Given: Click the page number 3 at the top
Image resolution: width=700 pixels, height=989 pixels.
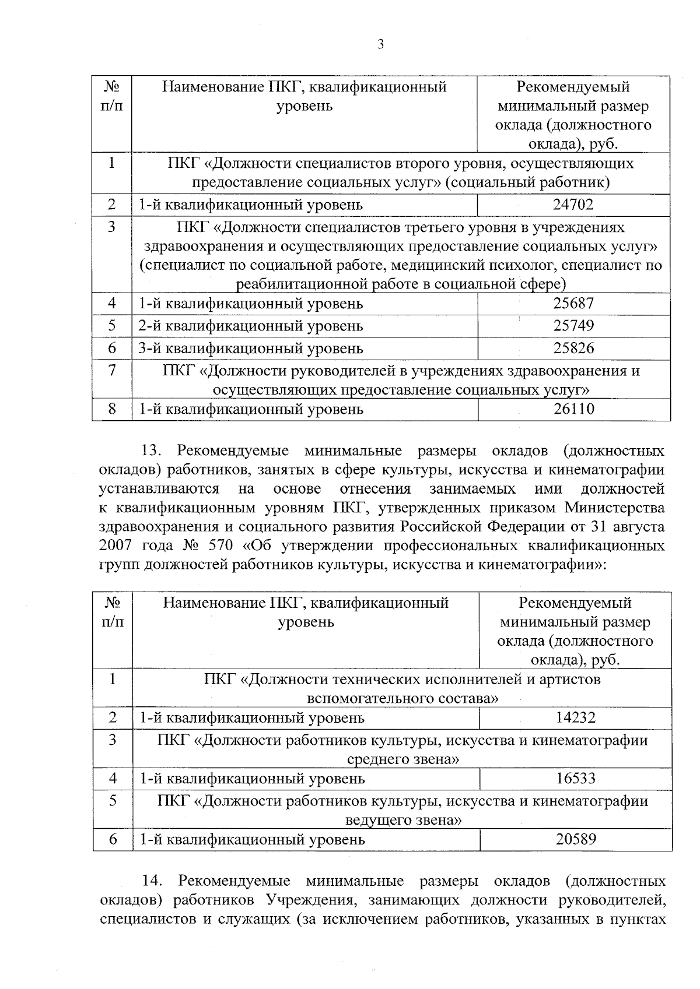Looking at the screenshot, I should coord(380,45).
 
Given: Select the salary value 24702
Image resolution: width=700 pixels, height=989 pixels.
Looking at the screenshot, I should coord(573,205).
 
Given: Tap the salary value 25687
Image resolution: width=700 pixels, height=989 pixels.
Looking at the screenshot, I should coord(573,304).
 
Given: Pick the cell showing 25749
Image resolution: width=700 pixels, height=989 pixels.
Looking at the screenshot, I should coord(573,326).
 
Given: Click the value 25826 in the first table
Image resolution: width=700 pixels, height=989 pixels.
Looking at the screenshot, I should coord(573,349).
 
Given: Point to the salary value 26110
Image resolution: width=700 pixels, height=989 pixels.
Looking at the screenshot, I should coord(574,409).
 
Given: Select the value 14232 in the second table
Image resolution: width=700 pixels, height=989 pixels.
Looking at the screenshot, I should coord(575,717).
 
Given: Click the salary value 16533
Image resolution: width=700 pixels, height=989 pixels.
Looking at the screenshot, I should coord(575,779).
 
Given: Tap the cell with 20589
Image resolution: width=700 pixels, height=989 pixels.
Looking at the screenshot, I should coord(575,839).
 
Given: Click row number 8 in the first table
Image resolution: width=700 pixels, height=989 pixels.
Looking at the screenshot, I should coord(112,409).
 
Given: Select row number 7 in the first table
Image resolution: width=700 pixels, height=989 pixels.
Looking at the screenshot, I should coord(112,371).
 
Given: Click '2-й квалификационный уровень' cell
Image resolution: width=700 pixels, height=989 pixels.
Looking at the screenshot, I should coord(250,326).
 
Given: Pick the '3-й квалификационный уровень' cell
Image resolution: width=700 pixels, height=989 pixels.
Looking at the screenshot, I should coord(250,349).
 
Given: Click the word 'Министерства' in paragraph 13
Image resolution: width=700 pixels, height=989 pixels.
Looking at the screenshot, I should coord(614,508).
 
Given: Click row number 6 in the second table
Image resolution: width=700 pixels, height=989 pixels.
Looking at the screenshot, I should coord(113,839).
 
